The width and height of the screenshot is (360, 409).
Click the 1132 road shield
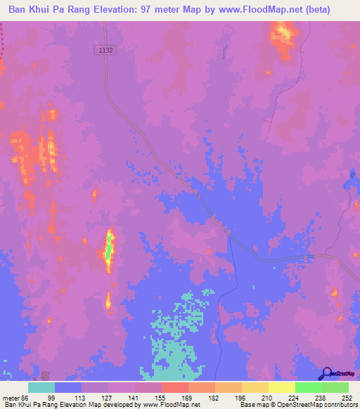click(x=105, y=50)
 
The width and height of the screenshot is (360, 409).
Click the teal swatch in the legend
click(x=41, y=387)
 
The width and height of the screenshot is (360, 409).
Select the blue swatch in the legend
click(x=68, y=387)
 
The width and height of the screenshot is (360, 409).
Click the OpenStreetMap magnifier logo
click(x=326, y=374)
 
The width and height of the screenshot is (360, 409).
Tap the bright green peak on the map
click(x=110, y=247)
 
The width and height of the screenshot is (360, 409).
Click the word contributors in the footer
click(x=340, y=405)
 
